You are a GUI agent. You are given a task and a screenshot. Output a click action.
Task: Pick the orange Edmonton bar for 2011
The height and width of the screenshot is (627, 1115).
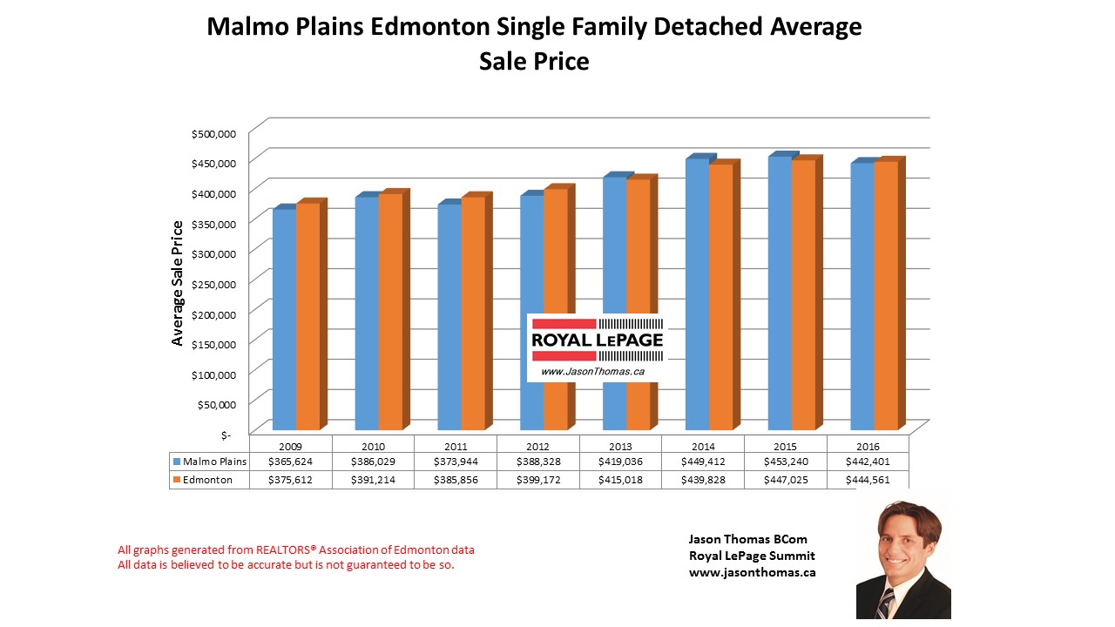(x=472, y=313)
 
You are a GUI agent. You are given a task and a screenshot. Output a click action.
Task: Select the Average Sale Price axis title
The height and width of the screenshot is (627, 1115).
(x=178, y=283)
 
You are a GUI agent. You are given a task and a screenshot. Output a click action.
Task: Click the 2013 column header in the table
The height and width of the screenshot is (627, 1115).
(x=620, y=447)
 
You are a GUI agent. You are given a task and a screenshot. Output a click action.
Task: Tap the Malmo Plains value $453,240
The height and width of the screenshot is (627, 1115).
(x=785, y=462)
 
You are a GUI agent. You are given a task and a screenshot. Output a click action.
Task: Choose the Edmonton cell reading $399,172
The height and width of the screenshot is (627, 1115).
(x=537, y=480)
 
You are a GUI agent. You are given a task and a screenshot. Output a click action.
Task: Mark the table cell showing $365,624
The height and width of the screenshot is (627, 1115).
(x=290, y=462)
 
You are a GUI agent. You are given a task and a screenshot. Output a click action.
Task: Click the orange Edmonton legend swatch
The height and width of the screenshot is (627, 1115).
(x=177, y=480)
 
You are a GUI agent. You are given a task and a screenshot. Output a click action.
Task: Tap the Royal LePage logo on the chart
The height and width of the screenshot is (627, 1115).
(x=597, y=346)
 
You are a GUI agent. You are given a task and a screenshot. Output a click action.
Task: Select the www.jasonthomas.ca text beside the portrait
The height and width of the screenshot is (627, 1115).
(x=752, y=572)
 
